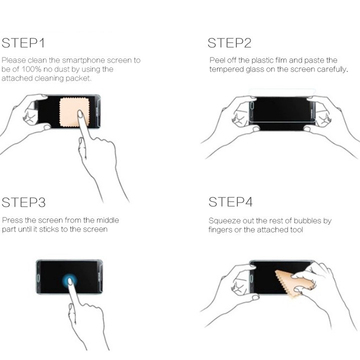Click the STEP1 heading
pyautogui.click(x=23, y=43)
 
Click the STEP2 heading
pyautogui.click(x=229, y=43)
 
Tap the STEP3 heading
pyautogui.click(x=23, y=202)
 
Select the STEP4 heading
pyautogui.click(x=230, y=202)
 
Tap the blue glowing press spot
pyautogui.click(x=69, y=281)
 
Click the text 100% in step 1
pyautogui.click(x=31, y=69)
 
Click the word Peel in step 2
pyautogui.click(x=217, y=60)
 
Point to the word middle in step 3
pyautogui.click(x=107, y=220)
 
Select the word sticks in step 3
pyautogui.click(x=49, y=229)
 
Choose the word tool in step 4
pyautogui.click(x=296, y=229)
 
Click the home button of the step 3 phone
pyautogui.click(x=38, y=278)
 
